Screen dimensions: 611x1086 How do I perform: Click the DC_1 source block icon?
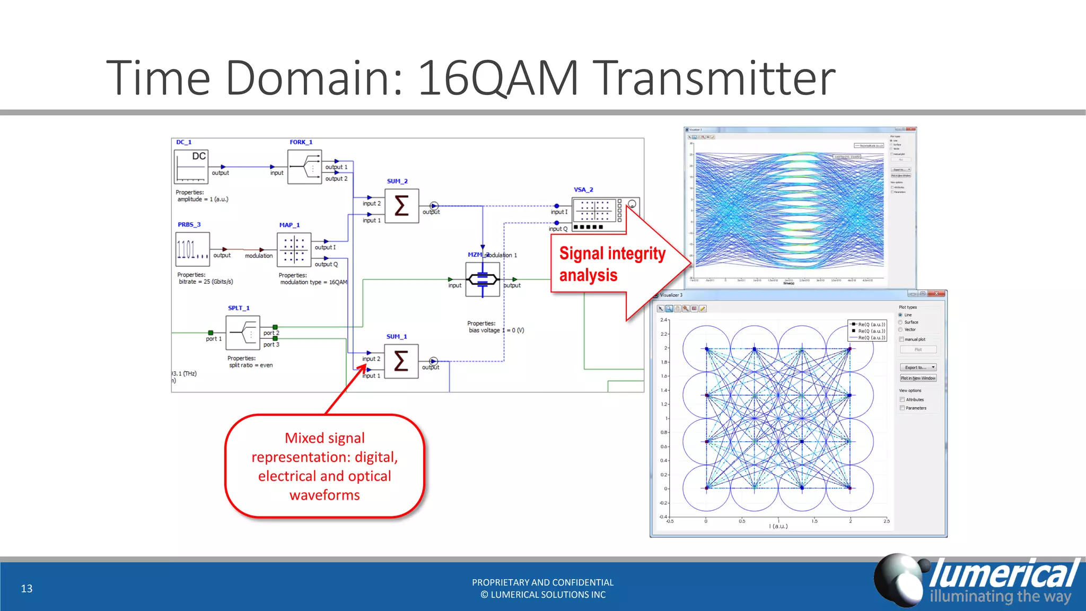tap(191, 167)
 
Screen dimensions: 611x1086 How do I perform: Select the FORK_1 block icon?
tap(304, 167)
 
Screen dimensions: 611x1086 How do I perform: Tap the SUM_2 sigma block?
tap(401, 206)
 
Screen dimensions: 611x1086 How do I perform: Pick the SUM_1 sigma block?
tap(401, 361)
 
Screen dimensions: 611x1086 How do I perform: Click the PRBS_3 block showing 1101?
tap(192, 249)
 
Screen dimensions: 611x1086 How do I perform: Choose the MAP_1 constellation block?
tap(294, 249)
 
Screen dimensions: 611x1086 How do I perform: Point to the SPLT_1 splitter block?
tap(242, 333)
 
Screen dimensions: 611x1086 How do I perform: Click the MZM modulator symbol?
tap(482, 279)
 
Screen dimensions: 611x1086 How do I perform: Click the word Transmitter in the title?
tap(713, 78)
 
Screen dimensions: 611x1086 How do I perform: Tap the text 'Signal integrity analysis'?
tap(612, 264)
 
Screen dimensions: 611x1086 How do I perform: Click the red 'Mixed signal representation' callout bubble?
tap(325, 466)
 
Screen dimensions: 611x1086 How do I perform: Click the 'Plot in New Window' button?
tap(918, 378)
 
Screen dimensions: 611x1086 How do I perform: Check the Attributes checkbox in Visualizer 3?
tap(902, 399)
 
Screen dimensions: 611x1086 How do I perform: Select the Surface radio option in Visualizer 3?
tap(900, 322)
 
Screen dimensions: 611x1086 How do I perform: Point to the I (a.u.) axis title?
tap(778, 526)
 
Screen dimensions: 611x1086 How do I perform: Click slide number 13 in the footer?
tap(27, 588)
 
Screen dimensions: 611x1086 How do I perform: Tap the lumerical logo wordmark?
tap(1004, 574)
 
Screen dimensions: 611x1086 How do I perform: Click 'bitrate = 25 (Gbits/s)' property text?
tap(206, 282)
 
